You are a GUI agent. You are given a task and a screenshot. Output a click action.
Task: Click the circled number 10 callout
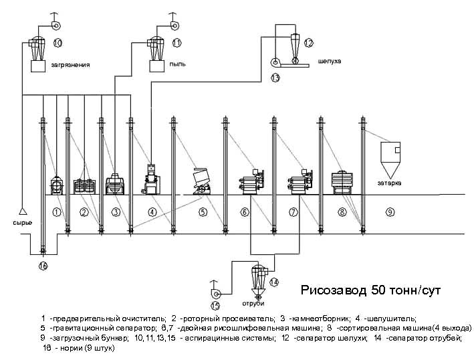coord(57,43)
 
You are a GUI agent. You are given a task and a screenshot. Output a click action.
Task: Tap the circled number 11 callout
coord(176,43)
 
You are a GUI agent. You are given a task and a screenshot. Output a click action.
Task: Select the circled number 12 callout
coord(308,43)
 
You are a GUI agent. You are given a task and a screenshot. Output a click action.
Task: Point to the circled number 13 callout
coord(275,78)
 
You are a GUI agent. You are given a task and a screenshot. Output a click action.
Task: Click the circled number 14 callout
coord(274,282)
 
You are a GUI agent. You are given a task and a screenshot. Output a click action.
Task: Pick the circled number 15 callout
coord(215,306)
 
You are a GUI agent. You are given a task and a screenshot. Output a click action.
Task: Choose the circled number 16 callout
coord(43,266)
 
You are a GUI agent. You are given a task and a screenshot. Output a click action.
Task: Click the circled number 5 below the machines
coord(203,212)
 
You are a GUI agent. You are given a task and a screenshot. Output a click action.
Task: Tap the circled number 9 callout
coord(390,212)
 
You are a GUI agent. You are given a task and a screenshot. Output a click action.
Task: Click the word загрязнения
coord(70,65)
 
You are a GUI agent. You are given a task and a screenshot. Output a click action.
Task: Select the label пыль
coord(177,64)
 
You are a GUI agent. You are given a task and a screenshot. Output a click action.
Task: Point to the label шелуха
coord(329,61)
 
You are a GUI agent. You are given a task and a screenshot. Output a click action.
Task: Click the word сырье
coord(22,222)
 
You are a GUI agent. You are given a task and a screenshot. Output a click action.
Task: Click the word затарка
coord(389,182)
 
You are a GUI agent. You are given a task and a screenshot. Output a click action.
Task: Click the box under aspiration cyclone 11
coord(157,66)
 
